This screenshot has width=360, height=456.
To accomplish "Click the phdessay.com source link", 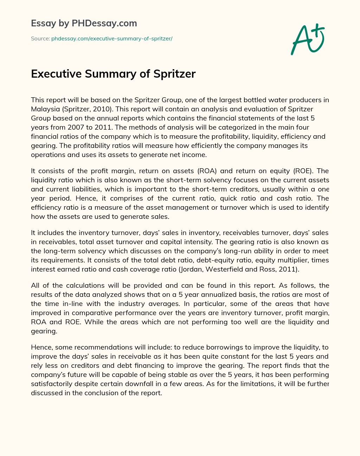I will pyautogui.click(x=112, y=39).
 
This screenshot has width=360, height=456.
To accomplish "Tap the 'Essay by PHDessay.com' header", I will pyautogui.click(x=84, y=24).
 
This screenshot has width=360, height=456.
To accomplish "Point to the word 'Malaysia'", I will pyautogui.click(x=44, y=109).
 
